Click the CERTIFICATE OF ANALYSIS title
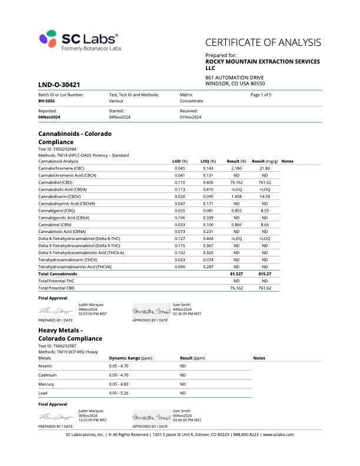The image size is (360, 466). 263,42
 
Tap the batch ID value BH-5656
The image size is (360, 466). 47,101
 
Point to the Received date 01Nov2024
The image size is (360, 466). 191,117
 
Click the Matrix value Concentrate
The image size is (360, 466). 191,101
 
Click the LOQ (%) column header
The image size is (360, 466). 208,161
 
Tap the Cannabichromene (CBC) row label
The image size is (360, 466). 59,168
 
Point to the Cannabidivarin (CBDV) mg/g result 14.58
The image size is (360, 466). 265,197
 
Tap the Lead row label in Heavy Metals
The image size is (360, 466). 44,392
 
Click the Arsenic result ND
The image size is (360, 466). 183,366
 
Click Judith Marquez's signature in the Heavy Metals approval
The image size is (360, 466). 55,415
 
